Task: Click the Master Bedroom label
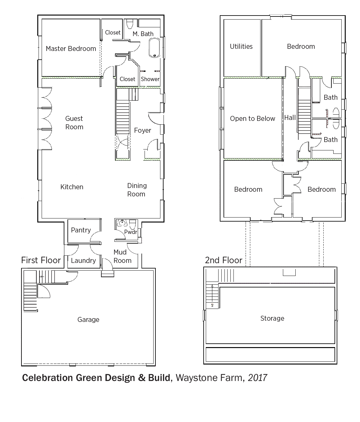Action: coord(71,48)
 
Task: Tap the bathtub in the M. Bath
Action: coord(155,48)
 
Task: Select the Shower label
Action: coord(150,79)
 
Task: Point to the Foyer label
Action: coord(142,130)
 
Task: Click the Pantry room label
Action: coord(81,230)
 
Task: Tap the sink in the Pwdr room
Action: coord(122,223)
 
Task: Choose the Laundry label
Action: coord(83,260)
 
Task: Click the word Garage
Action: coord(88,319)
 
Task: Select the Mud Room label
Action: coord(122,256)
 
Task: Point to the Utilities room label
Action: coord(241,46)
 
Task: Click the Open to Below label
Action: coord(253,118)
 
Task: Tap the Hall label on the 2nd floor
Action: coord(290,117)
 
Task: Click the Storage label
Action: coord(272,318)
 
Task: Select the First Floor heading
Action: coord(41,260)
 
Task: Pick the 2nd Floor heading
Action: coord(224,260)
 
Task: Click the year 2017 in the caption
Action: coord(257,378)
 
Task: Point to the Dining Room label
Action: coord(137,190)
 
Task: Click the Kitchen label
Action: coord(72,187)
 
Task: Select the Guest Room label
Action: coord(74,123)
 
